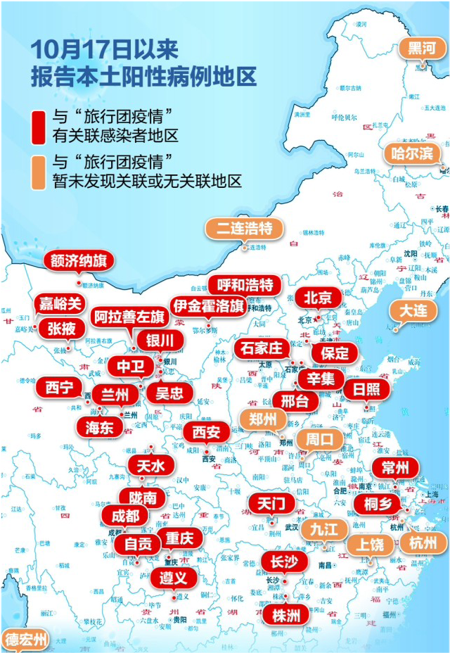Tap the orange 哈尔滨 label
[412, 153]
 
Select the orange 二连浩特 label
[240, 228]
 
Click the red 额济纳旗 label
[79, 261]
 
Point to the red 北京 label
[313, 298]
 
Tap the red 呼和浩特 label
[245, 285]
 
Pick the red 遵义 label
[173, 578]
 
